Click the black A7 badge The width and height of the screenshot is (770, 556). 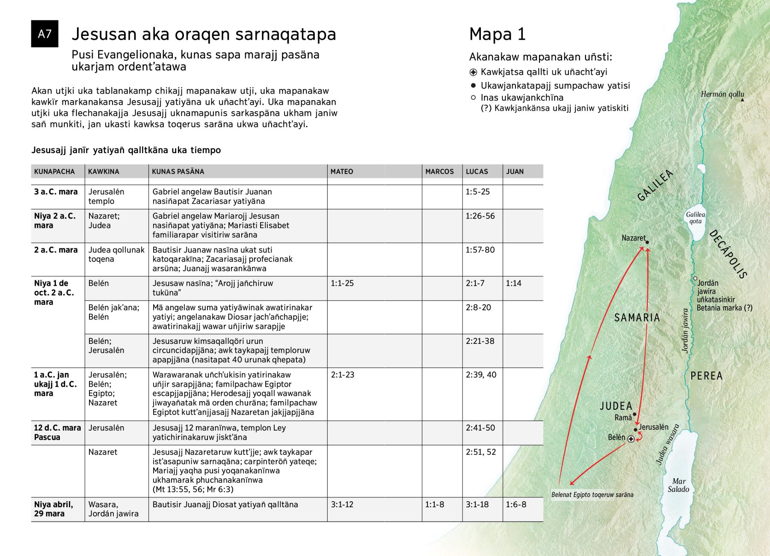44,34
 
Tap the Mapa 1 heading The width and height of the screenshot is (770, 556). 497,35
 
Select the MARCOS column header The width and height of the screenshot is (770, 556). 439,172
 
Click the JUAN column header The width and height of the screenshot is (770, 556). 515,172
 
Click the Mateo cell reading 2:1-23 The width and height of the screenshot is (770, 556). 342,375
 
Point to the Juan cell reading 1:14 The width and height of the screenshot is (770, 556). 513,283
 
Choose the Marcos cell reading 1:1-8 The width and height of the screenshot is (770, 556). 435,504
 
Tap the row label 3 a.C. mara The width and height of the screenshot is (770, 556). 56,192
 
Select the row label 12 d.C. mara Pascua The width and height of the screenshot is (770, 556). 57,432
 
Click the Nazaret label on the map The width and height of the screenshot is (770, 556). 634,238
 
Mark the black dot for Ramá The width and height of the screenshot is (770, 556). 635,414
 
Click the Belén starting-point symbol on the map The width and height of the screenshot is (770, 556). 631,439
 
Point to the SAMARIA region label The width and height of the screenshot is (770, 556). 637,317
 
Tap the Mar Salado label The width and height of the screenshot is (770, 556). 678,485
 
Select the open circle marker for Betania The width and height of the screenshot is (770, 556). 696,278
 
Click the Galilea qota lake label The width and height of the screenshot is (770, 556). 695,218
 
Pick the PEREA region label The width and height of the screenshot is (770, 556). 706,376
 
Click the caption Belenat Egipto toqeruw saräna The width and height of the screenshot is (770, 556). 592,495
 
